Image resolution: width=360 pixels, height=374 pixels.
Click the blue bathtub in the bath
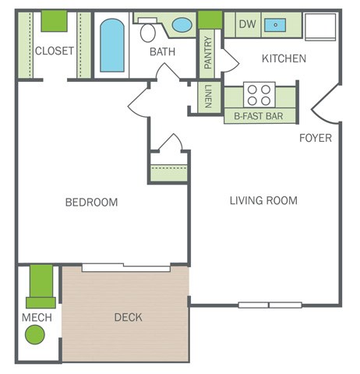tap(112, 45)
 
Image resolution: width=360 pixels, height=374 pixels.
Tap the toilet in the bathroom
tap(148, 30)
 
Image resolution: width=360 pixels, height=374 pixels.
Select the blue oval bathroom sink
tap(182, 25)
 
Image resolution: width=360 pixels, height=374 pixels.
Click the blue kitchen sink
tap(275, 25)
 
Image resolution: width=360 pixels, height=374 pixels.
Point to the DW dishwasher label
tap(248, 24)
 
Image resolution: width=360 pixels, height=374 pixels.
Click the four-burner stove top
tap(259, 95)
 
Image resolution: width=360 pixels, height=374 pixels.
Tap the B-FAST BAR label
tap(259, 116)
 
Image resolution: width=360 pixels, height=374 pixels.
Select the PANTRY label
tap(208, 53)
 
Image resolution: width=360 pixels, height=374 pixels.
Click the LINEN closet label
tap(209, 96)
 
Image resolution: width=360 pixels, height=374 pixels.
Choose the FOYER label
tap(316, 138)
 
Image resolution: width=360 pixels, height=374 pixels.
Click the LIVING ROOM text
tap(263, 200)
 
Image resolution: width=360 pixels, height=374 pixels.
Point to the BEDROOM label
tap(91, 202)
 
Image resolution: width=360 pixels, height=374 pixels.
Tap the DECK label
tap(129, 317)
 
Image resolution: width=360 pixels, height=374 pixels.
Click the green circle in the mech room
tap(35, 334)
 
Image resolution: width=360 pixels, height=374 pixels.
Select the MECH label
tap(37, 317)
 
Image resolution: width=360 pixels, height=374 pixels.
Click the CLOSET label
tap(55, 51)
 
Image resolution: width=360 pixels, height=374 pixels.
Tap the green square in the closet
tap(55, 21)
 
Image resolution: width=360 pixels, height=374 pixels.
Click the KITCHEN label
tap(284, 58)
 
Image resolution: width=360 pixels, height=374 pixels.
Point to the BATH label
tap(163, 51)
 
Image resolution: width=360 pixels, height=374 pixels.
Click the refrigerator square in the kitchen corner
tap(320, 27)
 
